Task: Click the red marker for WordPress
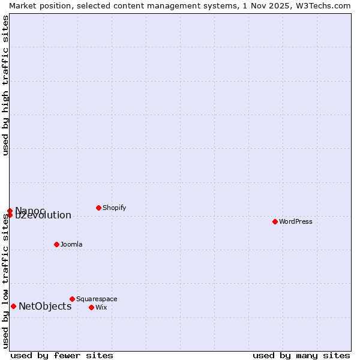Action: pyautogui.click(x=275, y=221)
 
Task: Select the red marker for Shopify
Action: pyautogui.click(x=98, y=208)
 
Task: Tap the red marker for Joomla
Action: pyautogui.click(x=56, y=244)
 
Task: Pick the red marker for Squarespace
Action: pyautogui.click(x=72, y=299)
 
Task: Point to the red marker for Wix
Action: pyautogui.click(x=91, y=307)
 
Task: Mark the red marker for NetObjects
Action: pyautogui.click(x=13, y=306)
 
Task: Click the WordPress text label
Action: pyautogui.click(x=296, y=221)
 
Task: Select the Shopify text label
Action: pyautogui.click(x=114, y=208)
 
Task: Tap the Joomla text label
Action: pyautogui.click(x=71, y=244)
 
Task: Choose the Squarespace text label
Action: pyautogui.click(x=97, y=299)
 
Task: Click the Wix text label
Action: pyautogui.click(x=101, y=307)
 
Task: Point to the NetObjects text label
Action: pyautogui.click(x=45, y=306)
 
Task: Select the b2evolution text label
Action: pyautogui.click(x=43, y=215)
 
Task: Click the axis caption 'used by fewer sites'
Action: pyautogui.click(x=62, y=355)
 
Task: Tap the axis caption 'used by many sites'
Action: pyautogui.click(x=301, y=355)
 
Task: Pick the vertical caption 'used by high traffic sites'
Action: pyautogui.click(x=5, y=85)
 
